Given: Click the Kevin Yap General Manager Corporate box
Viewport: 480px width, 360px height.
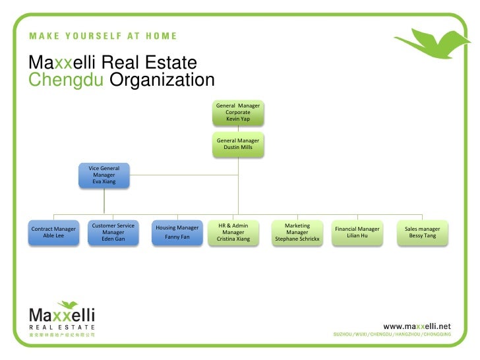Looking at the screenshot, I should [238, 113].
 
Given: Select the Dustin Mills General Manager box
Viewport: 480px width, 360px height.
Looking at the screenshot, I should [238, 144].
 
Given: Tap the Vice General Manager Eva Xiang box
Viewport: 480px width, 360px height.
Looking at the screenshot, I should [104, 175].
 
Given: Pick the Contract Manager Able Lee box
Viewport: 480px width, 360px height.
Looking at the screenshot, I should [53, 232].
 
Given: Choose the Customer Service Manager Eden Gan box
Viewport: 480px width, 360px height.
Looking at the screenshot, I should [113, 232].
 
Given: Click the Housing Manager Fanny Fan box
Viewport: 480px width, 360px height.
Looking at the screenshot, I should [177, 232].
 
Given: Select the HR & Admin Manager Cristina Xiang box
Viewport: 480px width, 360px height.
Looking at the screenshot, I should [233, 232].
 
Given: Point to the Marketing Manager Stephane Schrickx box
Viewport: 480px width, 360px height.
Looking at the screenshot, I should [297, 232].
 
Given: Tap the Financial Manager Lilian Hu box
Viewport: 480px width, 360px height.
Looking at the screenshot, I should [357, 232].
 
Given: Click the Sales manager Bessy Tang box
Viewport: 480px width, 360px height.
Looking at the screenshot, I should [422, 232].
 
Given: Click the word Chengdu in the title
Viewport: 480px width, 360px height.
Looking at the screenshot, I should [66, 80].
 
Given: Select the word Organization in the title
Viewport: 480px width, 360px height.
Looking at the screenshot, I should [162, 80].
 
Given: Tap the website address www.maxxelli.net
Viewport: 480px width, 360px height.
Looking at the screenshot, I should [417, 326].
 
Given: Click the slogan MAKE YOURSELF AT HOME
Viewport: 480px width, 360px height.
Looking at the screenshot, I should [102, 36].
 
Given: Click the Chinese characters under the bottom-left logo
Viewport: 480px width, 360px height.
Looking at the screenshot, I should [62, 335].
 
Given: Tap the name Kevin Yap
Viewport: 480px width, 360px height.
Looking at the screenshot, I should [238, 119].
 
